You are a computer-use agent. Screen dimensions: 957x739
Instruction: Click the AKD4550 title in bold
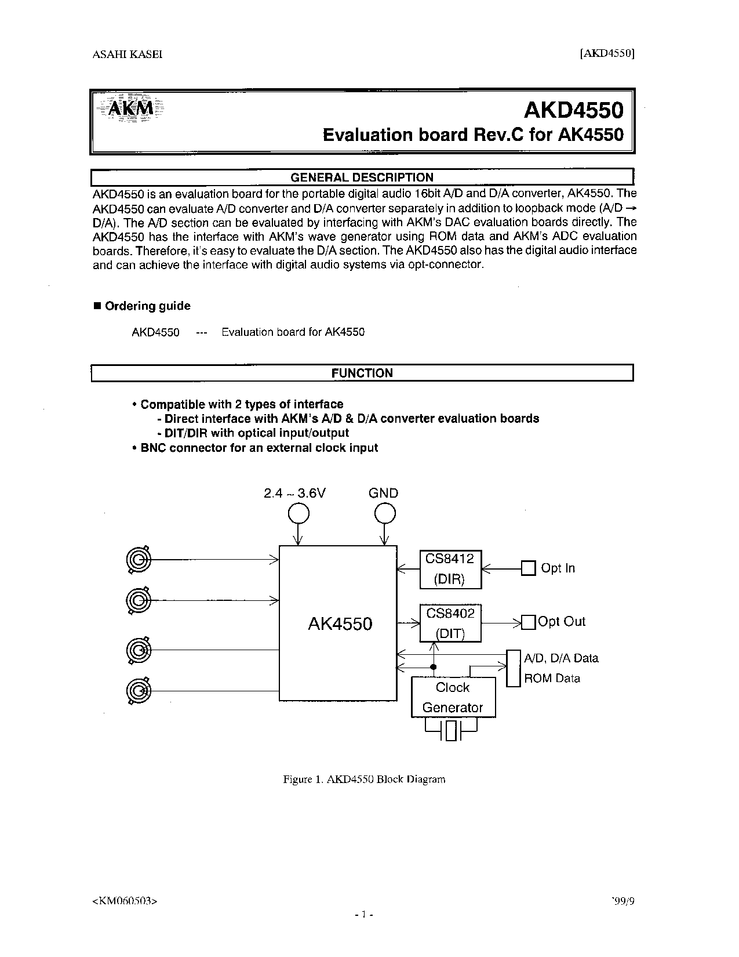point(574,110)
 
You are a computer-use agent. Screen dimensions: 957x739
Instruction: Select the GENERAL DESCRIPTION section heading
point(362,177)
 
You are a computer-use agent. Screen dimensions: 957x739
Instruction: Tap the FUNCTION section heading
point(362,373)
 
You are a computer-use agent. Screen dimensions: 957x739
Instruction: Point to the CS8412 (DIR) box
point(450,568)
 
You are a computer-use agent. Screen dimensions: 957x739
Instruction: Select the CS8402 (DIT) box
point(450,623)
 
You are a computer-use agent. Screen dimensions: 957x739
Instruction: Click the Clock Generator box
point(453,697)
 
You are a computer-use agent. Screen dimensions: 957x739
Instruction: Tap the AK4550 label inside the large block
point(340,624)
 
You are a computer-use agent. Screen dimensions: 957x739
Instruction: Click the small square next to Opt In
point(528,568)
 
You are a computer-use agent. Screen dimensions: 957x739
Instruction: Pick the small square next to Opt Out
point(528,622)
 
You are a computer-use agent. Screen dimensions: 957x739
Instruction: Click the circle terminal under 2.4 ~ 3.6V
point(298,513)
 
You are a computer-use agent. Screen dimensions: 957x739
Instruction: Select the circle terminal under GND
point(384,513)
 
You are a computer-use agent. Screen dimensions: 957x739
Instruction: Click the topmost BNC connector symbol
point(138,560)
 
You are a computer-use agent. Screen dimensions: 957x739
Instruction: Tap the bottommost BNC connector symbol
point(138,690)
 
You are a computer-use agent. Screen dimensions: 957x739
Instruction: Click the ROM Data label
point(552,678)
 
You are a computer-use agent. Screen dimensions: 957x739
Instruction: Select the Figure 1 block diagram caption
point(364,779)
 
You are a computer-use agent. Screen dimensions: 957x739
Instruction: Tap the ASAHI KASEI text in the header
point(128,55)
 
